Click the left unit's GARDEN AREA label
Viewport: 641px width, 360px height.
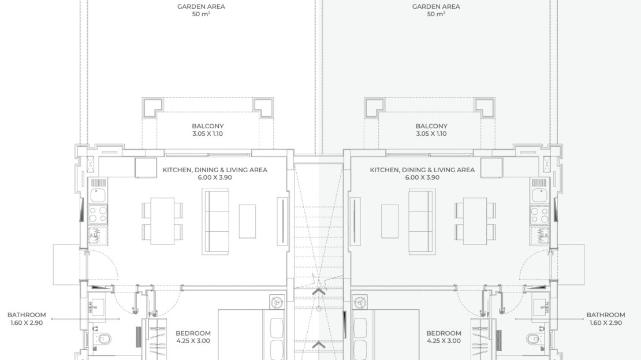(x=201, y=6)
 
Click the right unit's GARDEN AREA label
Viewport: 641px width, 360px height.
(x=436, y=6)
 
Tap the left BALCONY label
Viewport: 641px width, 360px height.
(x=208, y=126)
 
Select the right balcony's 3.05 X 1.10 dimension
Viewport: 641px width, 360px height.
(x=431, y=134)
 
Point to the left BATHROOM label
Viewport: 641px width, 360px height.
(x=27, y=315)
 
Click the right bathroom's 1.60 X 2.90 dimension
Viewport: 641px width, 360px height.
(x=605, y=323)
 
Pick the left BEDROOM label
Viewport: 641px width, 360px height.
(x=193, y=333)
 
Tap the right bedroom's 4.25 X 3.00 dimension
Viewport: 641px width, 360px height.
(x=444, y=341)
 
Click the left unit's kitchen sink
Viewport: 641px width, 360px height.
(x=98, y=195)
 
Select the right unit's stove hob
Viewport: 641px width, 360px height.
(x=539, y=215)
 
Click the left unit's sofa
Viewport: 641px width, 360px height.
(x=215, y=221)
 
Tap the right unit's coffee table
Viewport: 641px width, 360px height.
(x=390, y=221)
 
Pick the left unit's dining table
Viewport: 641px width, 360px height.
(x=162, y=221)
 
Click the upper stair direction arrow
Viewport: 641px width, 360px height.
(x=319, y=292)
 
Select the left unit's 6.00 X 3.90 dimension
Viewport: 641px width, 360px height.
(x=215, y=177)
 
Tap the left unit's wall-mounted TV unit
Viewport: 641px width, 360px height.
(x=282, y=221)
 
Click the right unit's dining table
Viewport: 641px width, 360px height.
(x=475, y=221)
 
